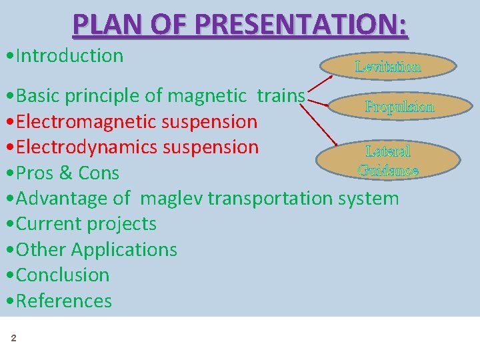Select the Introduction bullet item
[x=69, y=56]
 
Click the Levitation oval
[x=388, y=66]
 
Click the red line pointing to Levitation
[x=321, y=86]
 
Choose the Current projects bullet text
[x=86, y=224]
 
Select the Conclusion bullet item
[x=62, y=275]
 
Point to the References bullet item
[x=63, y=301]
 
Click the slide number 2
[x=13, y=339]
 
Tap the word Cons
[x=99, y=173]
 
